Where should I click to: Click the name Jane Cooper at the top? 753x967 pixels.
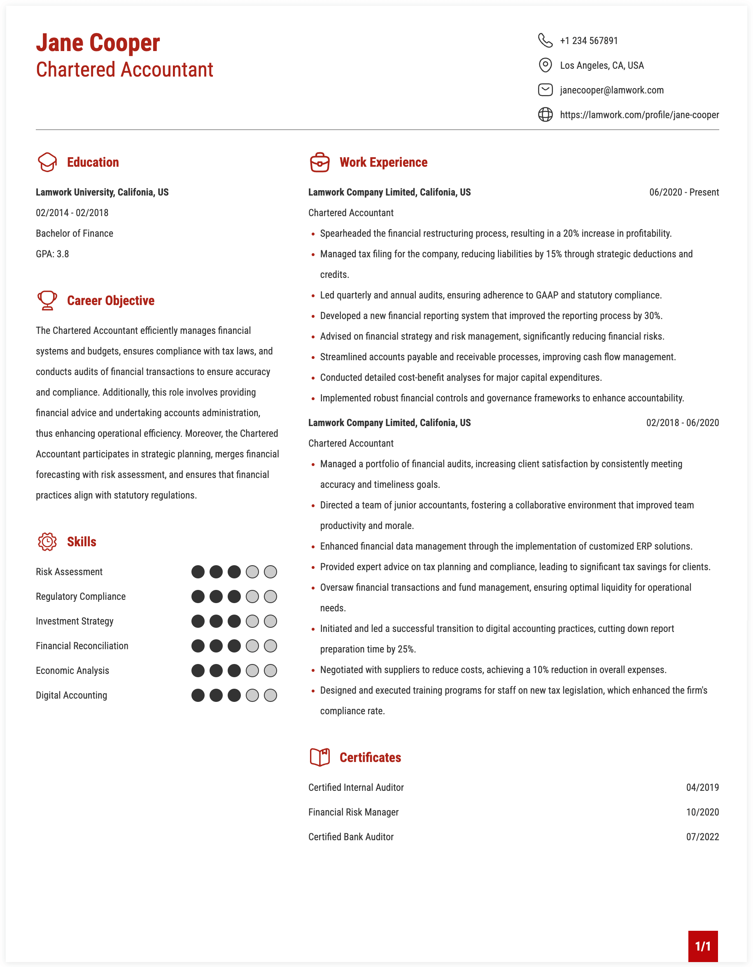click(98, 43)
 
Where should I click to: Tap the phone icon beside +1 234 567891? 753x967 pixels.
click(545, 40)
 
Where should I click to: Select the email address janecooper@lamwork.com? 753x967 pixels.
click(611, 90)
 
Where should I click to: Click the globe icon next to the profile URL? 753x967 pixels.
click(545, 115)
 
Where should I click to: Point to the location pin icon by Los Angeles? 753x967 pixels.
click(545, 65)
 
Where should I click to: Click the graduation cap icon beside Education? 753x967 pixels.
click(47, 163)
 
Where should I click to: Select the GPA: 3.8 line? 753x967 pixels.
click(52, 254)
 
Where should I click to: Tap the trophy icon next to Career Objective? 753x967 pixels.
click(47, 301)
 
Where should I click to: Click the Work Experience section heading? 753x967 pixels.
click(383, 163)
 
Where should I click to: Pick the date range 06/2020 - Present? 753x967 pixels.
click(683, 192)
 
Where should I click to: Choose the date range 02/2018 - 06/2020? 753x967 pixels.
click(682, 423)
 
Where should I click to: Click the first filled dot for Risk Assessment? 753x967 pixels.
click(198, 572)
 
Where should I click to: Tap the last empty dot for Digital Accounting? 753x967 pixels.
click(270, 696)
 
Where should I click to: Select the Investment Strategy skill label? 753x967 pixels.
click(75, 621)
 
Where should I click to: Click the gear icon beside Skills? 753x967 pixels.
click(47, 542)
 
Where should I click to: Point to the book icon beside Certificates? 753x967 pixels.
click(319, 757)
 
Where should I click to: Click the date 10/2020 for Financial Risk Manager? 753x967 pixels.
click(702, 813)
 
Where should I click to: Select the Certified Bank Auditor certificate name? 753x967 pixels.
click(351, 837)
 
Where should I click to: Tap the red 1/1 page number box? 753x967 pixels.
click(702, 946)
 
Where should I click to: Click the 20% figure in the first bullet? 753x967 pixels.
click(571, 234)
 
